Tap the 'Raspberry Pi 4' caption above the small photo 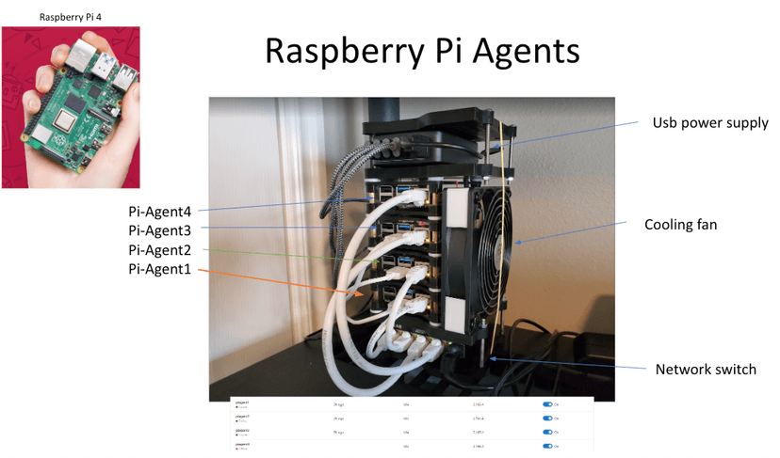[x=70, y=17]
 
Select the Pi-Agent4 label [x=160, y=212]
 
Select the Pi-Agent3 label [x=160, y=230]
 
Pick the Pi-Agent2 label [x=160, y=250]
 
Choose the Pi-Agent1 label [x=160, y=270]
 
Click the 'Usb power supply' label [x=710, y=123]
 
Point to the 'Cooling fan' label [x=680, y=225]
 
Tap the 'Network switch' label [x=705, y=369]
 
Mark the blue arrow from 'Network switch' [x=565, y=363]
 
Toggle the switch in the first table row [x=547, y=404]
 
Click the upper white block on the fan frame [x=455, y=206]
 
